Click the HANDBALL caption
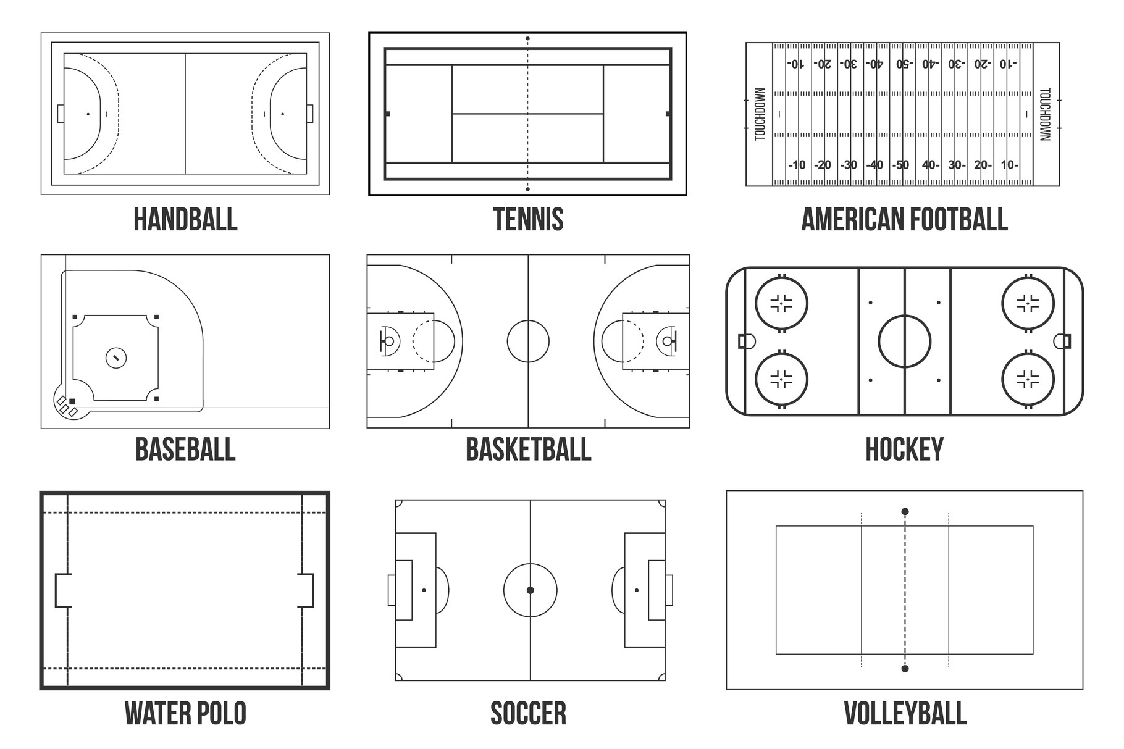pos(185,219)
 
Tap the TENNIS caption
pos(528,219)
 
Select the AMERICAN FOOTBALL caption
pos(904,219)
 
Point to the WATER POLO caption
pos(185,713)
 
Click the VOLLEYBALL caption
pos(905,713)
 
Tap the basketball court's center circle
pos(528,341)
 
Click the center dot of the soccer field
pos(530,590)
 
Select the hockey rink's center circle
pos(904,341)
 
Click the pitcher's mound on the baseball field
pos(116,358)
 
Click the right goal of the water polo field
pos(307,590)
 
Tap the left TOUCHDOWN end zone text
pos(760,114)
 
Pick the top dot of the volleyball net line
pos(905,511)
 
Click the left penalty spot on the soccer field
pos(424,590)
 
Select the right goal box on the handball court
pos(309,114)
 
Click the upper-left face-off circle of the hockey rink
pos(781,303)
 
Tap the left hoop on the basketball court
pos(389,341)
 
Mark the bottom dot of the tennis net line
pos(527,189)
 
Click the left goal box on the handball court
pos(61,114)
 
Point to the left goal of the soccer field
pos(392,590)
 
